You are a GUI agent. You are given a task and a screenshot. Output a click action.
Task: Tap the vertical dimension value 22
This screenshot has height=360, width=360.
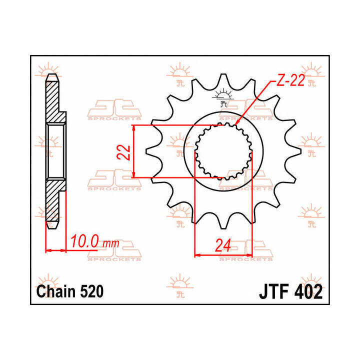click(x=126, y=151)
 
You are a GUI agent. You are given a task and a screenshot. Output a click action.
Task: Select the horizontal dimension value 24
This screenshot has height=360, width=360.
click(x=223, y=245)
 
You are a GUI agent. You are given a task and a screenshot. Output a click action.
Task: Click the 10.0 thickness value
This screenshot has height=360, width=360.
click(x=86, y=242)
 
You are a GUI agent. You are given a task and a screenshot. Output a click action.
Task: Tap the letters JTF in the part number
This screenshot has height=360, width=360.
click(x=274, y=291)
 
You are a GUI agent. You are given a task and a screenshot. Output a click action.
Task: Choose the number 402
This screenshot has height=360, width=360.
click(x=307, y=291)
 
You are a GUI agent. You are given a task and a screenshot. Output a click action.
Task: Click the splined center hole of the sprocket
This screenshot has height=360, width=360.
click(x=223, y=151)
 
